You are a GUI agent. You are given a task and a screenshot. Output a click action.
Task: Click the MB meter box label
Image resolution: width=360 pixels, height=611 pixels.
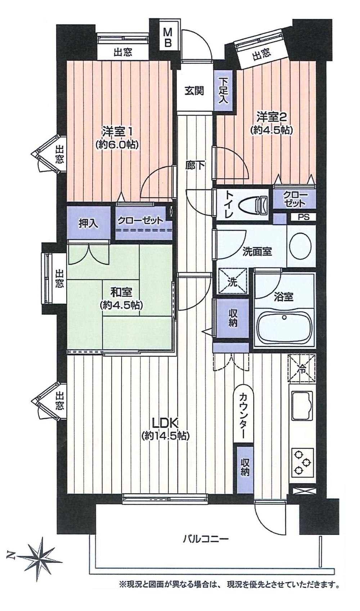point(168,38)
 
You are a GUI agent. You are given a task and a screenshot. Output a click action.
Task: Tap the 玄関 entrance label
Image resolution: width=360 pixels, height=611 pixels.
point(194,91)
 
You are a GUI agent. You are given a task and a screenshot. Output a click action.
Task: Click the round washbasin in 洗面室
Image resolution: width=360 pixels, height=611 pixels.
point(301,247)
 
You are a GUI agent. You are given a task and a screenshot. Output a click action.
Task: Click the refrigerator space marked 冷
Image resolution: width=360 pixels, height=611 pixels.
point(302,368)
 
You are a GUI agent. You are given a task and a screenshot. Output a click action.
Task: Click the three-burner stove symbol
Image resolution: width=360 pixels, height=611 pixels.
point(302,461)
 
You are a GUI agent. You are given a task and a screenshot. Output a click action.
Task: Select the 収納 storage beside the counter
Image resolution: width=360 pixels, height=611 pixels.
point(245,467)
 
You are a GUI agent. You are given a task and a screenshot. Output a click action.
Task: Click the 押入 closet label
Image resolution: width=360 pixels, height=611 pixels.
point(88,223)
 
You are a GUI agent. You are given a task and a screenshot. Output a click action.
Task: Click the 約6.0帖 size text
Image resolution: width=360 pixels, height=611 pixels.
point(117,145)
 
